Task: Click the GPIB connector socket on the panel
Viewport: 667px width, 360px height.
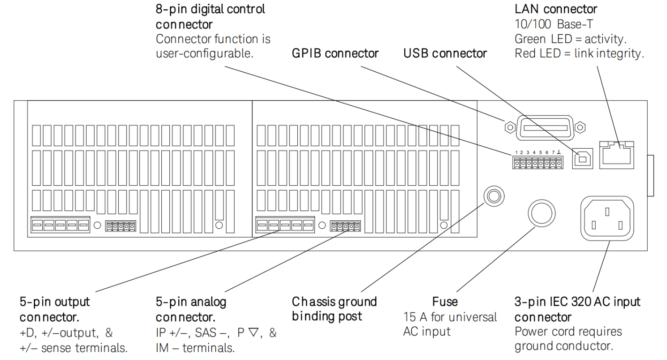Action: (545, 127)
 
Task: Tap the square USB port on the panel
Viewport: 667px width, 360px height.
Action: (583, 159)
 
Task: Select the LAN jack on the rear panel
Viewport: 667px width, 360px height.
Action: (616, 155)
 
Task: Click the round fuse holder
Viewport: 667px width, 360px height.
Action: (542, 213)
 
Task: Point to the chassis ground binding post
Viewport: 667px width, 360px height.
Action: (494, 196)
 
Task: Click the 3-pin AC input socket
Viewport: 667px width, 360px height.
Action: (607, 218)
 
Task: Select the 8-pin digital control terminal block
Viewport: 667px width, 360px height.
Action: (538, 163)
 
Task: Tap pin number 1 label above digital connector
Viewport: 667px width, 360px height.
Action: (516, 152)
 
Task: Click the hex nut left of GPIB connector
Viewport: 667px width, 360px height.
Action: (510, 127)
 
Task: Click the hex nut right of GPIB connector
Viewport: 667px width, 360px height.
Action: (580, 127)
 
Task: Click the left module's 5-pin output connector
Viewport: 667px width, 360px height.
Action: (60, 225)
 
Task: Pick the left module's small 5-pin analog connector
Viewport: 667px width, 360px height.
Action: (121, 226)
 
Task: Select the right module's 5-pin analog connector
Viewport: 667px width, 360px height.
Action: (345, 226)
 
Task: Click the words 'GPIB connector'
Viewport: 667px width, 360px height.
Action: (335, 53)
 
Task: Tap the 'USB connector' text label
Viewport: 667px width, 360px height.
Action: (445, 53)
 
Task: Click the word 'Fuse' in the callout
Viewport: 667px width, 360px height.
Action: (445, 302)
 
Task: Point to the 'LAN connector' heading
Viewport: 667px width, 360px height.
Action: (556, 9)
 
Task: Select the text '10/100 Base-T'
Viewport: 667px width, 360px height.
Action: (554, 24)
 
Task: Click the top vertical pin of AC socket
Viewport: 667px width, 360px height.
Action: (607, 212)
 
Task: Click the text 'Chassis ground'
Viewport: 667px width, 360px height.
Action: (334, 302)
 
